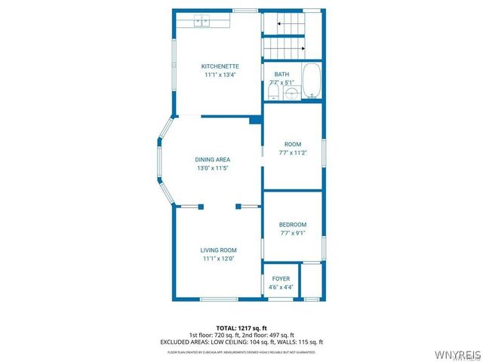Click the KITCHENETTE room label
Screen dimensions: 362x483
(219, 66)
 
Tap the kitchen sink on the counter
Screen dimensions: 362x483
(202, 21)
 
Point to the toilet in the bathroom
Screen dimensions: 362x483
(274, 91)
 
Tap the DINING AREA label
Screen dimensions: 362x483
(213, 160)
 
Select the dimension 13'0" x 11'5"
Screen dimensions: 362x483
(213, 168)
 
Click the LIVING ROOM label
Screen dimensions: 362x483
(219, 250)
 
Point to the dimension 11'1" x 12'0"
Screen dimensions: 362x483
(219, 259)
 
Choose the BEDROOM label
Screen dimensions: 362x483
(293, 225)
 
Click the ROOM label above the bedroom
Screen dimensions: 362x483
(293, 144)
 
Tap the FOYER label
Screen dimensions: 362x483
(281, 279)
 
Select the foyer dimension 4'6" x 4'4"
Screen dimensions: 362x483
(281, 287)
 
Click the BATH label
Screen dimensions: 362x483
(281, 74)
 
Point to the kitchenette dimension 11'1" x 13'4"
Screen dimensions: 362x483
(219, 75)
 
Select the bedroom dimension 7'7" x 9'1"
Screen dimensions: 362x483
(293, 233)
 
